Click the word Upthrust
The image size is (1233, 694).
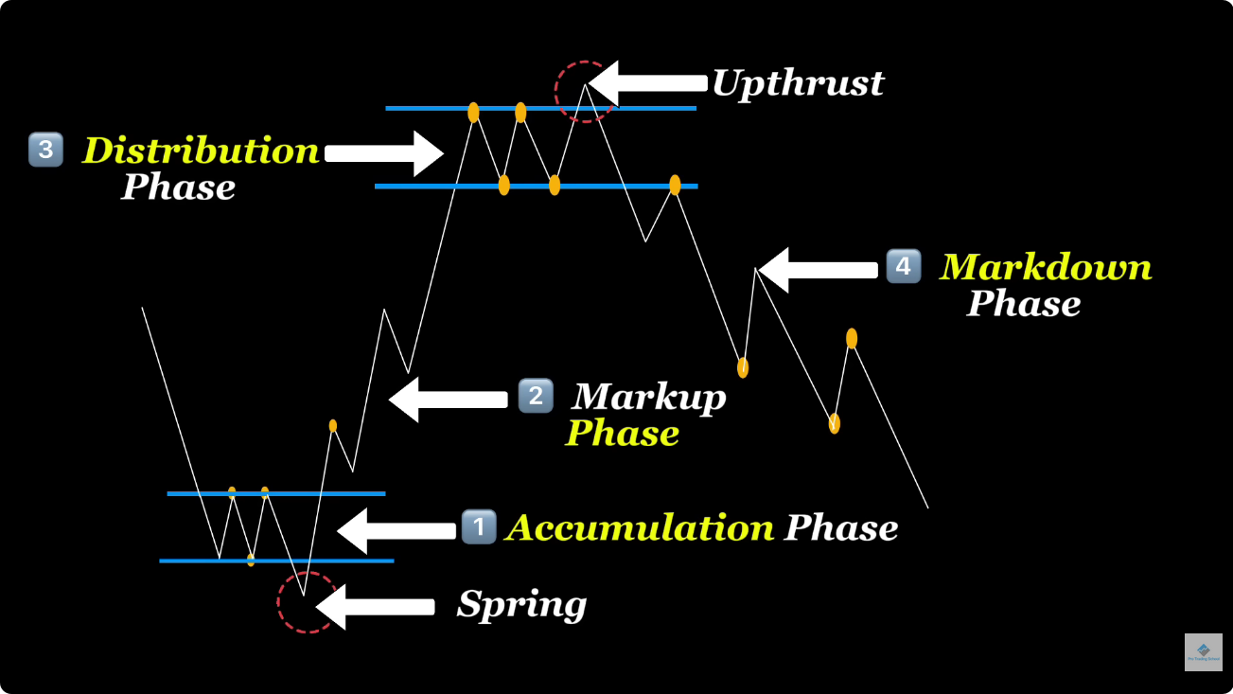tap(798, 83)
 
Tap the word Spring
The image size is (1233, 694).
tap(521, 604)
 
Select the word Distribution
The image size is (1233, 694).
tap(201, 151)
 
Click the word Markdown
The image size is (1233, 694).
tap(1046, 267)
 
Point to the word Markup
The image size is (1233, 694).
tap(649, 396)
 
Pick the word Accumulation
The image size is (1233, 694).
tap(640, 527)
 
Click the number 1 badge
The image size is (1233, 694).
tap(479, 526)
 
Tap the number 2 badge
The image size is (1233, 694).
tap(536, 395)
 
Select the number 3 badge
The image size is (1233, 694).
tap(44, 150)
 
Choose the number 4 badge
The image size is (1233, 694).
tap(903, 267)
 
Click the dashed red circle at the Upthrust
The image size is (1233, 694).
tap(584, 92)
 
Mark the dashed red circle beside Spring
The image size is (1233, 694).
tap(307, 602)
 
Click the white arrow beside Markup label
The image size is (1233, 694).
tap(448, 400)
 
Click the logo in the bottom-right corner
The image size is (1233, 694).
tap(1203, 652)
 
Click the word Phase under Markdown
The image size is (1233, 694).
tap(1023, 304)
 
